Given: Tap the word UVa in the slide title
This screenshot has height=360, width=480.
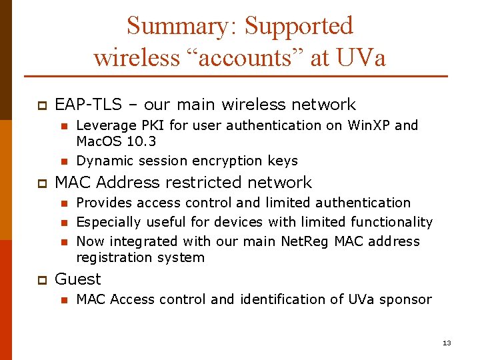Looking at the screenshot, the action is pos(360,57).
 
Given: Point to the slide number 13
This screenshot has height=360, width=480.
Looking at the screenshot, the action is pos(447,343).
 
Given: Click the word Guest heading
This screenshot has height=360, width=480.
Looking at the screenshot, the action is pos(78,279).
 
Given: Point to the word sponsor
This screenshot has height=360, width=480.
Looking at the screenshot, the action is pos(405,299).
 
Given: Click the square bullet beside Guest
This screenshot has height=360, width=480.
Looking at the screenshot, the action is pos(40,280).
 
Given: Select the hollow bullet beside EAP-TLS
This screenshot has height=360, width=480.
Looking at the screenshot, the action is pos(40,105).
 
